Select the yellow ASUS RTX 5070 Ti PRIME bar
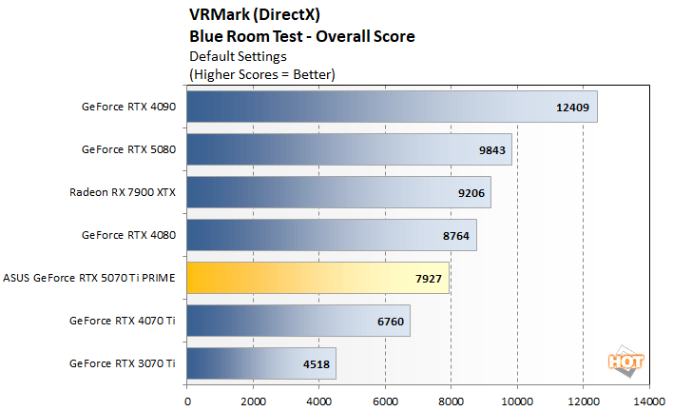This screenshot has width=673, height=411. point(317,278)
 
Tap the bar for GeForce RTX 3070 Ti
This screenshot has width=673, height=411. point(261,363)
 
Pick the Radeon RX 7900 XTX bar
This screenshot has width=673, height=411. point(338,192)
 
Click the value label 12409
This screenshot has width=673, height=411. point(573,107)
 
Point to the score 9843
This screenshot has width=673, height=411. point(491,149)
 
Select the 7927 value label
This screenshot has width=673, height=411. point(430,278)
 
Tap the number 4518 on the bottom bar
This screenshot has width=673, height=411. point(317,363)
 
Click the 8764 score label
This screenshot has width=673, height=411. point(457,235)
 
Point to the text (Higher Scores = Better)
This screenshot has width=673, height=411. point(262,73)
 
